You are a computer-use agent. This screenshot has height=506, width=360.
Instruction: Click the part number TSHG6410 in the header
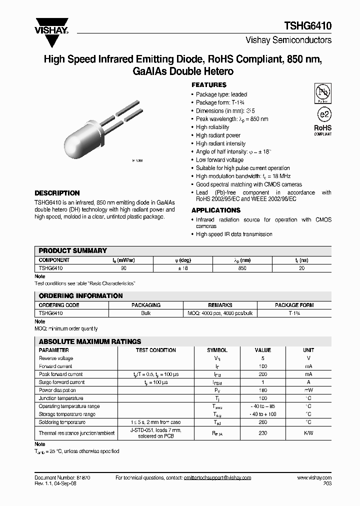[310, 26]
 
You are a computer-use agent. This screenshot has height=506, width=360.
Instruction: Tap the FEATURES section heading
[209, 85]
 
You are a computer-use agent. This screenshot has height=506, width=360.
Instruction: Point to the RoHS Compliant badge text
[322, 130]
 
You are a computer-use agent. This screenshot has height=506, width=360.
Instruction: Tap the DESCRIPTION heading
[56, 193]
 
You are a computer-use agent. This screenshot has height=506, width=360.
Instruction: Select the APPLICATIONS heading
[216, 210]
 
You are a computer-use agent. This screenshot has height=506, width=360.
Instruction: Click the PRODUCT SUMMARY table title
[72, 250]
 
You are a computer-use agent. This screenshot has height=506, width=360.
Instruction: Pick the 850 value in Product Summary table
[242, 268]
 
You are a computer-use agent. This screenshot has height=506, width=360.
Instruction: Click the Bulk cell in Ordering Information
[145, 313]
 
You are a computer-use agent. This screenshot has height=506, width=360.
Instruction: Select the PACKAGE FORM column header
[294, 305]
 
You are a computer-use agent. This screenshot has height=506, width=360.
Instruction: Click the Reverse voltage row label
[56, 358]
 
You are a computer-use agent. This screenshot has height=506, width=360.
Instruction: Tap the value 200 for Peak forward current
[263, 374]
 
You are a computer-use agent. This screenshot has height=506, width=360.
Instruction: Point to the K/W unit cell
[308, 433]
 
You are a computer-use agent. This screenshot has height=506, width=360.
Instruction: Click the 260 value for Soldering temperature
[263, 422]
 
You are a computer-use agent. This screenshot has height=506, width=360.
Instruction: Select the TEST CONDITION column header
[155, 350]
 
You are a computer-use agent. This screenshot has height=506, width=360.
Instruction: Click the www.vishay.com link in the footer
[314, 478]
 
